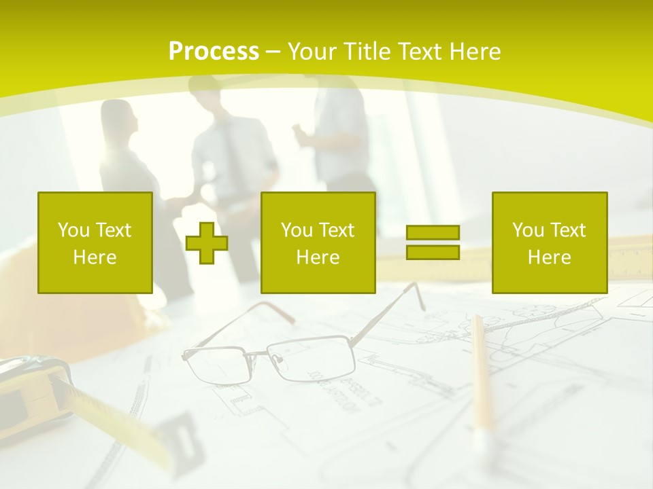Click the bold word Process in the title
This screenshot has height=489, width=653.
click(214, 52)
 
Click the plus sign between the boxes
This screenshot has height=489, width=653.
click(207, 242)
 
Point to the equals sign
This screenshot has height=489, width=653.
click(433, 242)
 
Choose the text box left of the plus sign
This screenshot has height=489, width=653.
click(95, 242)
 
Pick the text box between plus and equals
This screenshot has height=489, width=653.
click(318, 242)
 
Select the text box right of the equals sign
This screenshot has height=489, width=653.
click(550, 242)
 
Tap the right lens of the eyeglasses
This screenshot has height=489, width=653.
click(312, 357)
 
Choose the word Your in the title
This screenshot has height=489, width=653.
click(312, 52)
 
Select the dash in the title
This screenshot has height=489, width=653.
click(273, 52)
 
